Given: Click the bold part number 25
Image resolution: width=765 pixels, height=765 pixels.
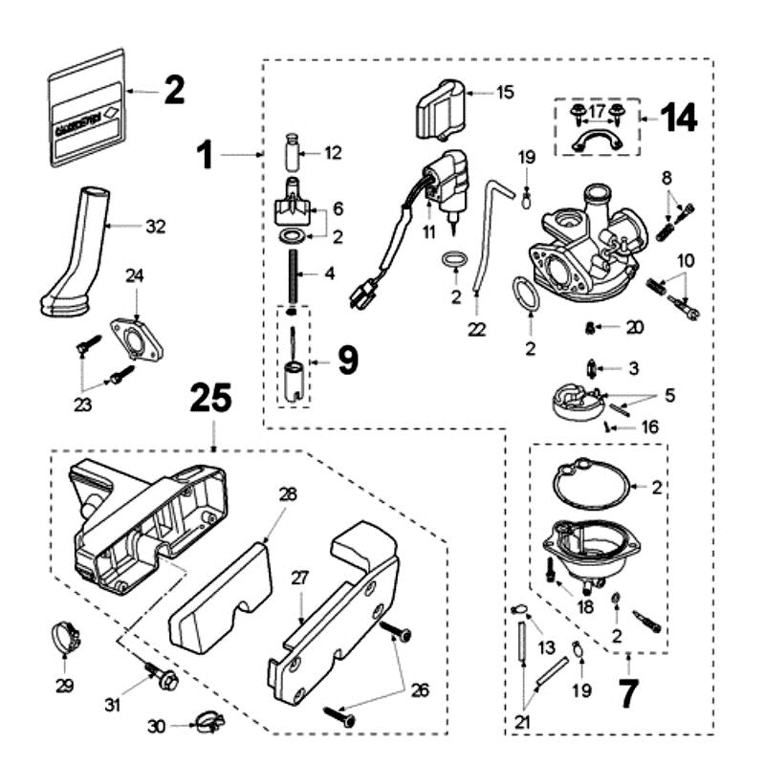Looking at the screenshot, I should point(212,399).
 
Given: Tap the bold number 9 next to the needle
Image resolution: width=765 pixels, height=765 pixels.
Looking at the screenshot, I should point(345,360).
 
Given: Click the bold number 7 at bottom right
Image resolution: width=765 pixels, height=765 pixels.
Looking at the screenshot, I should point(626,695).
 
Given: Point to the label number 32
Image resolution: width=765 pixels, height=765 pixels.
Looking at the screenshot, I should point(155,227).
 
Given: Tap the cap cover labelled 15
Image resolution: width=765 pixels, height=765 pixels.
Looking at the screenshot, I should point(438,110).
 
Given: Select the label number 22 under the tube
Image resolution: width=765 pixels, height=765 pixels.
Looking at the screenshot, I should point(477,329).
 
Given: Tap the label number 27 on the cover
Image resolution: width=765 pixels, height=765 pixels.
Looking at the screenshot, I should point(298,578).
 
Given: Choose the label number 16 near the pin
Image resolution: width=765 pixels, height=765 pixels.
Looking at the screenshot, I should point(651,427).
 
